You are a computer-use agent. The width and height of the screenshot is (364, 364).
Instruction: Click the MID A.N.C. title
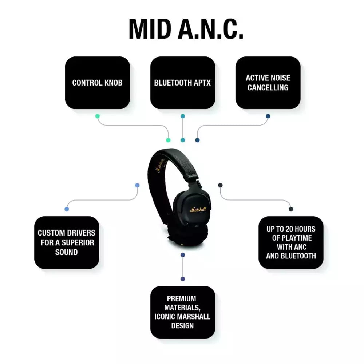(x=186, y=28)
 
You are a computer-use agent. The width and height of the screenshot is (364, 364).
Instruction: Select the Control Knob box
(x=97, y=83)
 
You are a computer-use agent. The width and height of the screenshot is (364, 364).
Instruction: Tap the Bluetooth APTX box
(x=182, y=83)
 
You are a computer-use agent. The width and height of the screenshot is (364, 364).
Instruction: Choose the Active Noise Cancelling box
(x=268, y=83)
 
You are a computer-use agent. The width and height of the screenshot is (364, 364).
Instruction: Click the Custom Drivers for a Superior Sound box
(x=67, y=242)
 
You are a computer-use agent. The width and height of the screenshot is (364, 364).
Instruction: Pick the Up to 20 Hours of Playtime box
(x=291, y=242)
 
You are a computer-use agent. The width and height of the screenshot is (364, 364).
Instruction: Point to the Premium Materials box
(x=182, y=312)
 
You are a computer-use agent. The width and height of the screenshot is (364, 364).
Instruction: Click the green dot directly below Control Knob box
(x=97, y=116)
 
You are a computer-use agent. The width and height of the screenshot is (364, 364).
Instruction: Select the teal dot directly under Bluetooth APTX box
(x=183, y=116)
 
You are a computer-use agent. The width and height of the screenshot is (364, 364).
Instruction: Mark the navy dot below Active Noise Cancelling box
(x=268, y=116)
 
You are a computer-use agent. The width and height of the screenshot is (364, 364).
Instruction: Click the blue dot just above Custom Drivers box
(x=67, y=209)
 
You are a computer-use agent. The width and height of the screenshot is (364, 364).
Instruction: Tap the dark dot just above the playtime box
(x=291, y=209)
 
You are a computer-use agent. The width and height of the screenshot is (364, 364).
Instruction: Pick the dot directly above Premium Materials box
(x=183, y=279)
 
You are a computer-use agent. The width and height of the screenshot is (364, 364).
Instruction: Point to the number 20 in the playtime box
(x=289, y=229)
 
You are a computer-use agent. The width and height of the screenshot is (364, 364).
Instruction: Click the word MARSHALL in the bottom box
(x=197, y=316)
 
